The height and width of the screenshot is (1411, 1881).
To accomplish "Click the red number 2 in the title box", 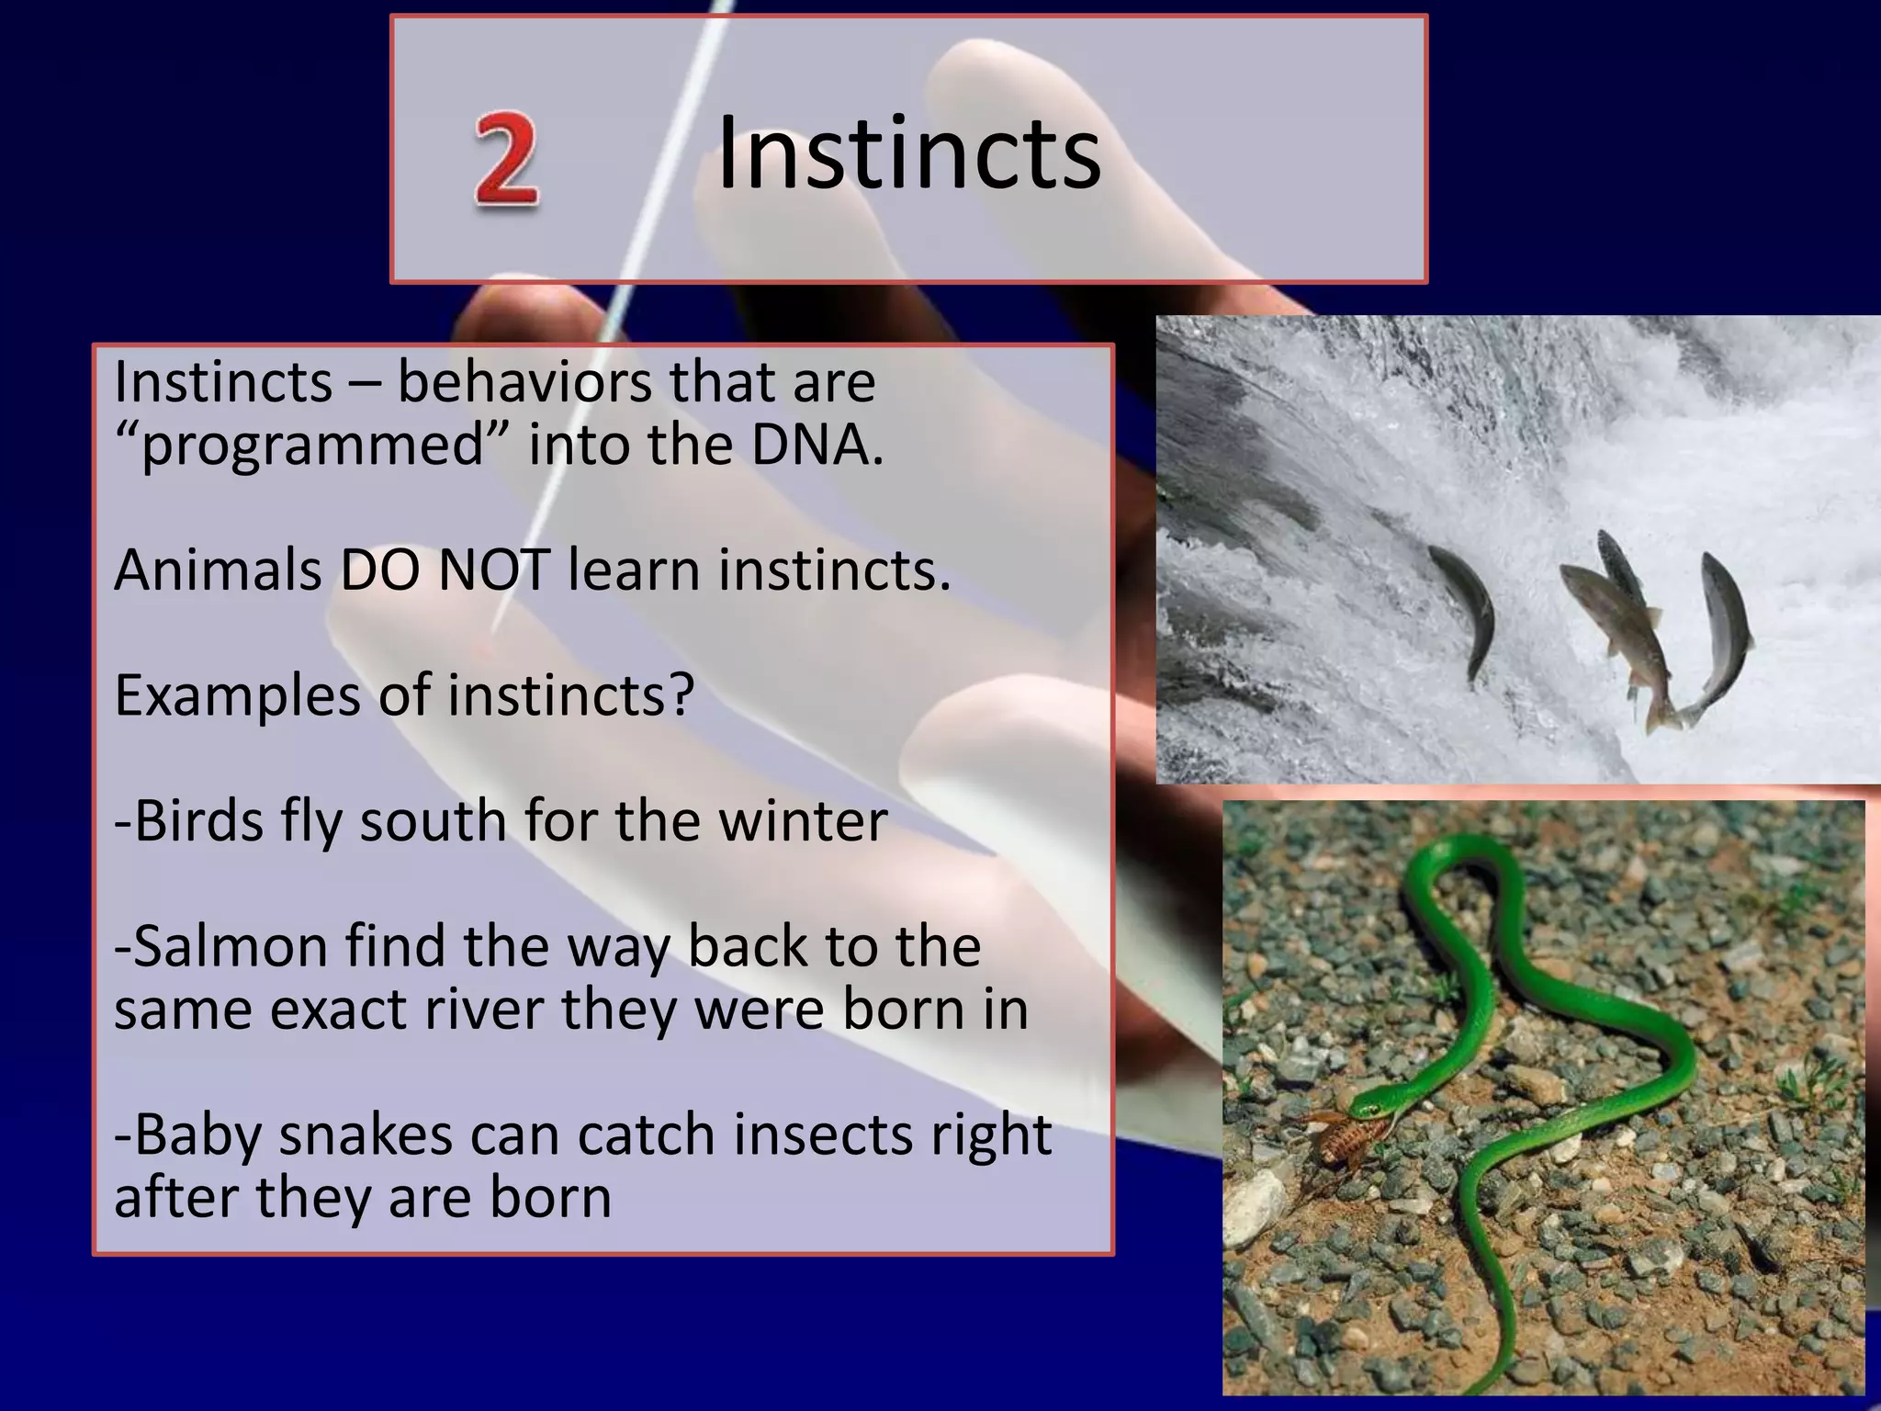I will pos(506,157).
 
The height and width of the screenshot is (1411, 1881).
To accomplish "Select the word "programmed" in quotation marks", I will pos(312,446).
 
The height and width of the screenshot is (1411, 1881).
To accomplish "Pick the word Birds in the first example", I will pos(197,820).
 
